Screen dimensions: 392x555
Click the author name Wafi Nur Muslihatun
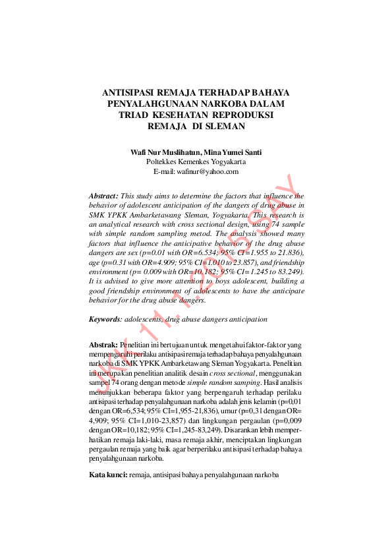[x=167, y=152]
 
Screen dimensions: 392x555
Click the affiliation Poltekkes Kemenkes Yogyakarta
[x=196, y=161]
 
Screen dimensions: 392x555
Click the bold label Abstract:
[x=103, y=196]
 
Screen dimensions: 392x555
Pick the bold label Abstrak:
[x=103, y=345]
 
